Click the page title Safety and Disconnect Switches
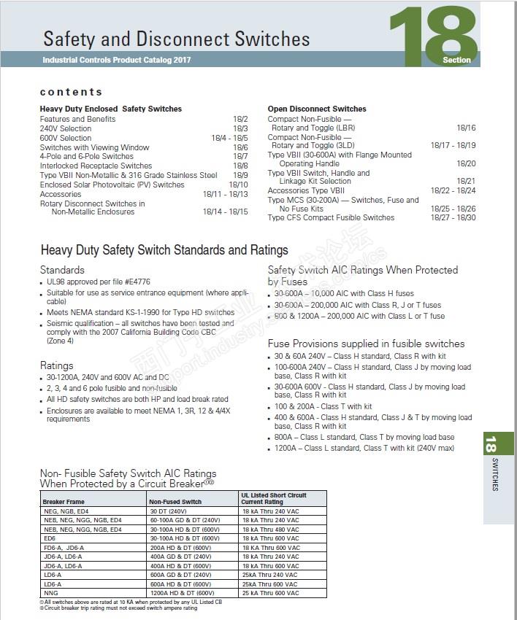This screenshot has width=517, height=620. click(x=176, y=39)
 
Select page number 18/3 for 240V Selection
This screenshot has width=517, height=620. click(x=240, y=128)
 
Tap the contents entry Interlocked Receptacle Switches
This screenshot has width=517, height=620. click(x=96, y=166)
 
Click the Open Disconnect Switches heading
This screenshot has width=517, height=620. click(x=317, y=109)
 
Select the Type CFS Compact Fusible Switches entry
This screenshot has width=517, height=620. click(x=331, y=217)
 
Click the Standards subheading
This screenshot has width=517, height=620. click(x=62, y=270)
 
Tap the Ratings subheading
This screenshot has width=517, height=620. click(x=56, y=365)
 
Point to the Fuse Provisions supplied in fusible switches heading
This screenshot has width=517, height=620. click(x=366, y=344)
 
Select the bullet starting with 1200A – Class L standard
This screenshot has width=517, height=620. click(x=364, y=448)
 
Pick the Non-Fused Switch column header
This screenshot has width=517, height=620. click(x=175, y=502)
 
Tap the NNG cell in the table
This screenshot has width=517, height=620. click(x=51, y=592)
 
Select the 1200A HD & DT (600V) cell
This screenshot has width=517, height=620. click(x=180, y=592)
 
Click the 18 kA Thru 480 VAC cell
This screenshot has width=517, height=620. click(x=270, y=529)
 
